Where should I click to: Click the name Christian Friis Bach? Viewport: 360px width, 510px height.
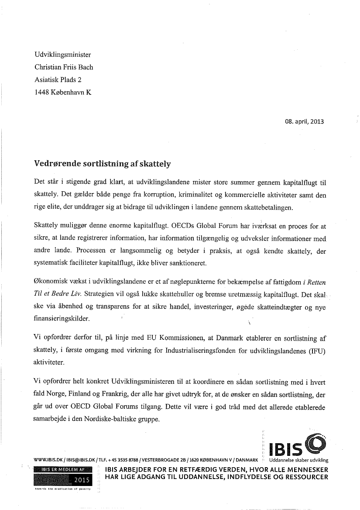[x=63, y=67]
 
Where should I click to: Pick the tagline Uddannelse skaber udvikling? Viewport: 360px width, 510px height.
[x=298, y=460]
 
